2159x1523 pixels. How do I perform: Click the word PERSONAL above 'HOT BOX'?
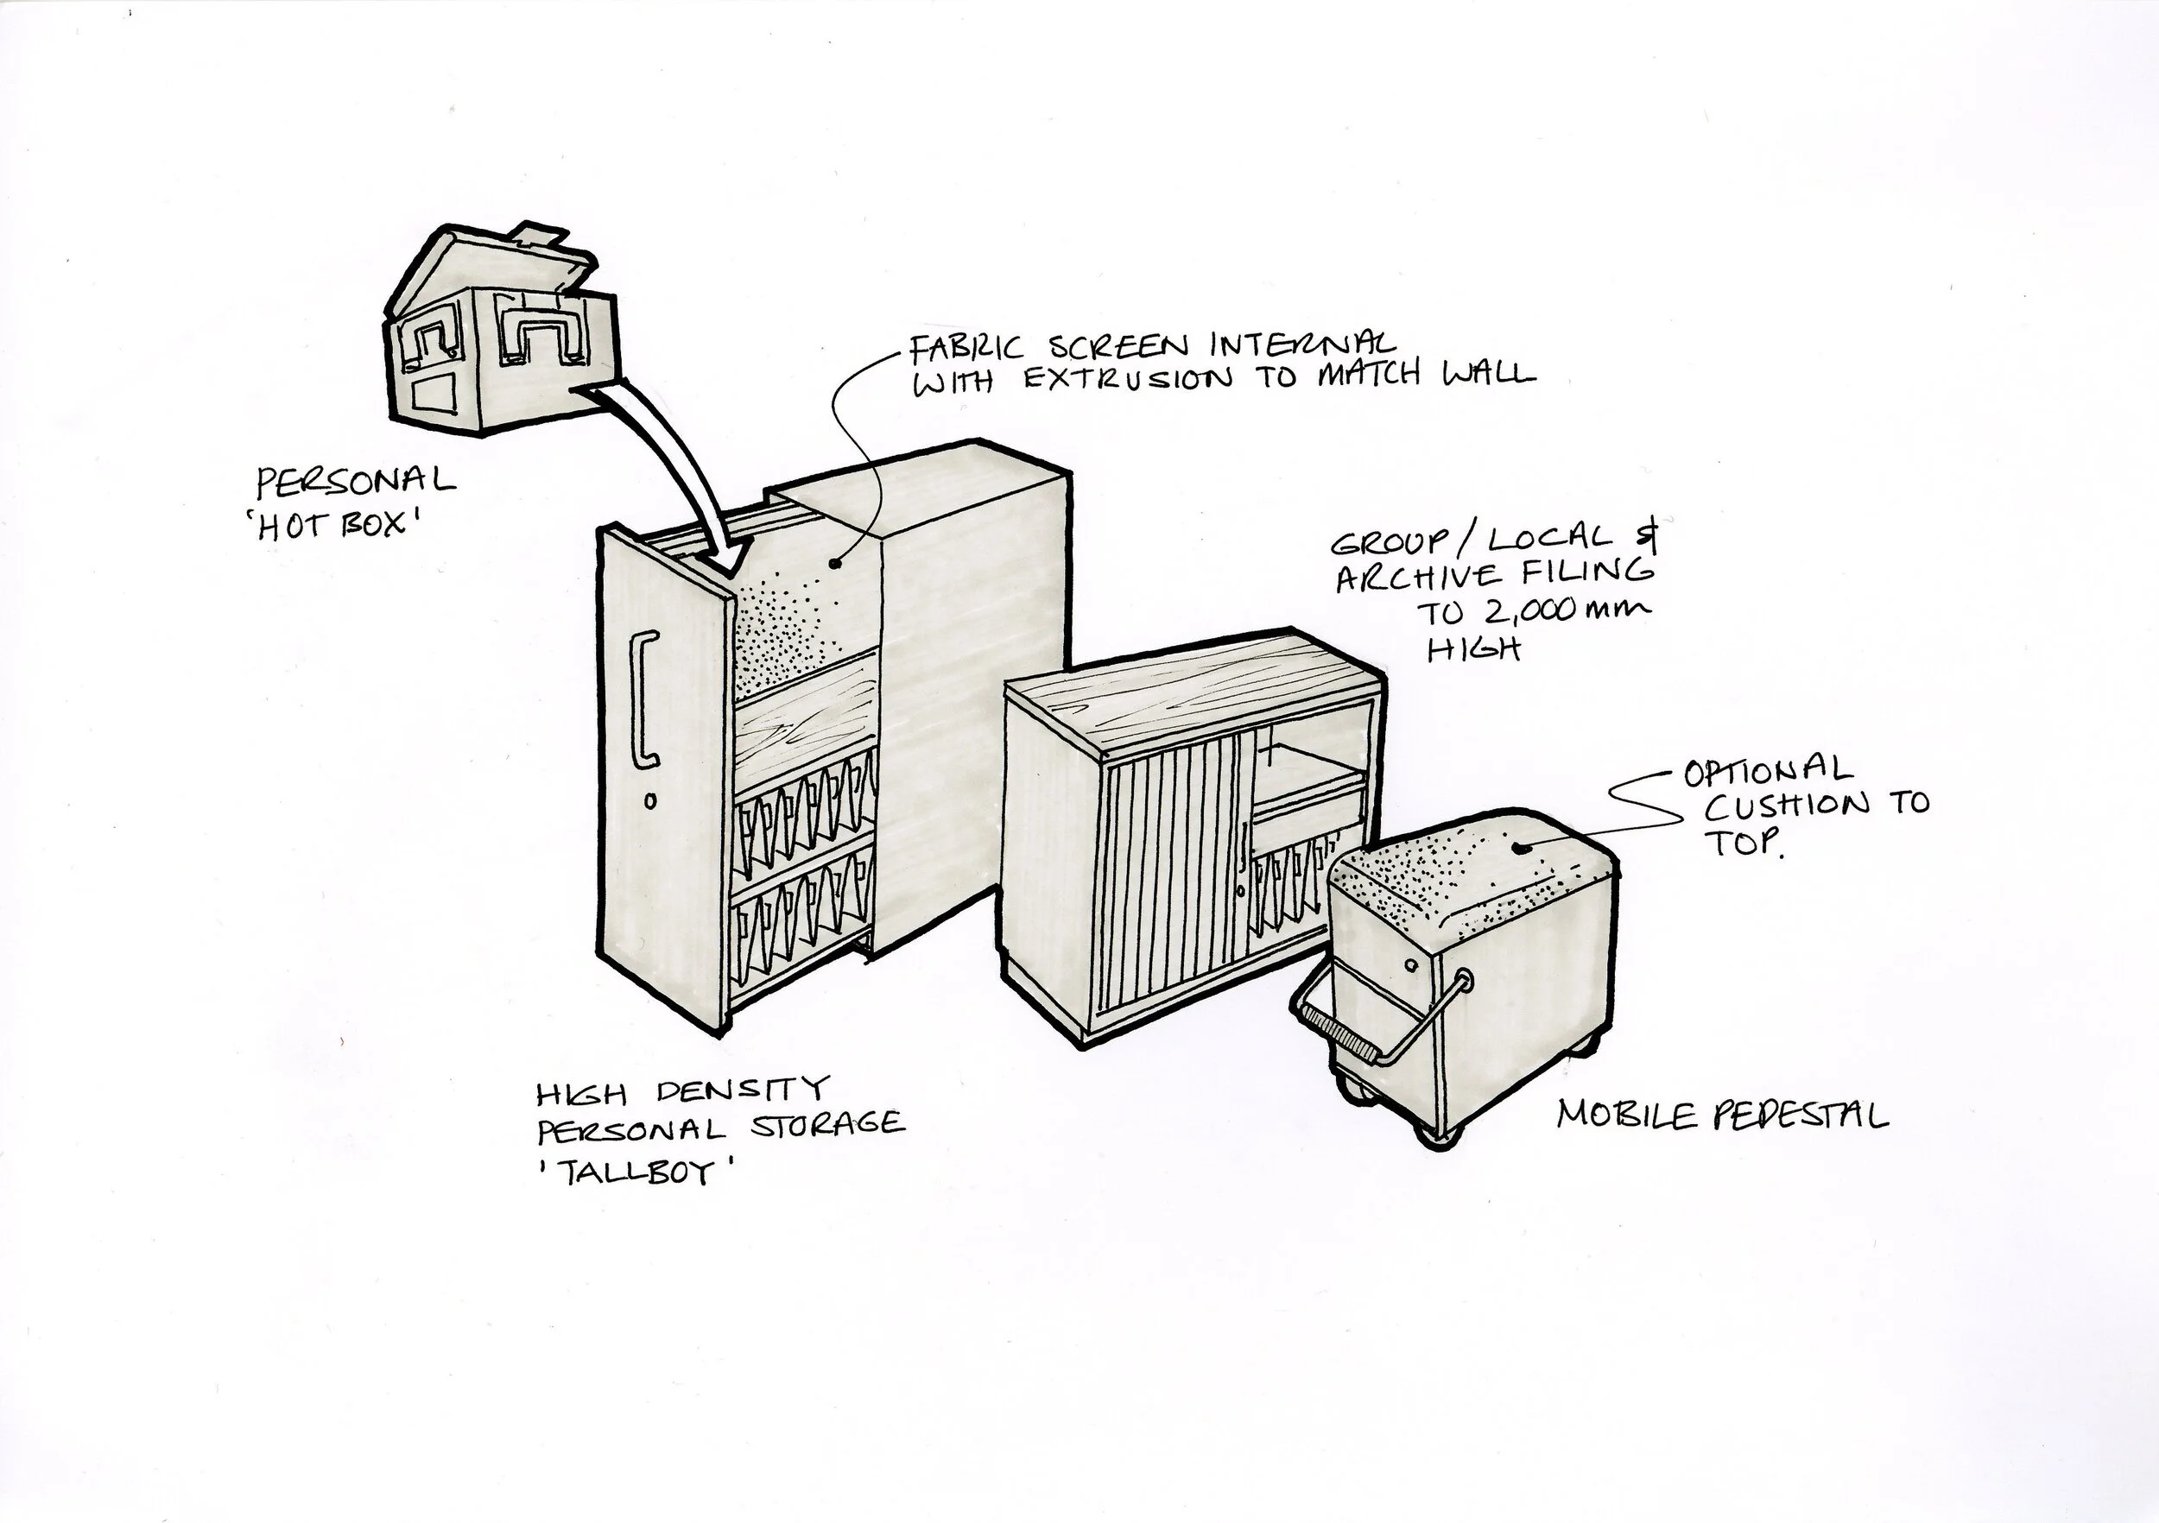point(356,483)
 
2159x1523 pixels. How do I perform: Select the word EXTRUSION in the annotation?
point(1124,379)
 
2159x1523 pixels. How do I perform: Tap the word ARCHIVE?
point(1419,576)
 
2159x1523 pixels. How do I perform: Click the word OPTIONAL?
point(1768,773)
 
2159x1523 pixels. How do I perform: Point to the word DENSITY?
point(742,1091)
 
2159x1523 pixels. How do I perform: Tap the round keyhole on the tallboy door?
point(649,802)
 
